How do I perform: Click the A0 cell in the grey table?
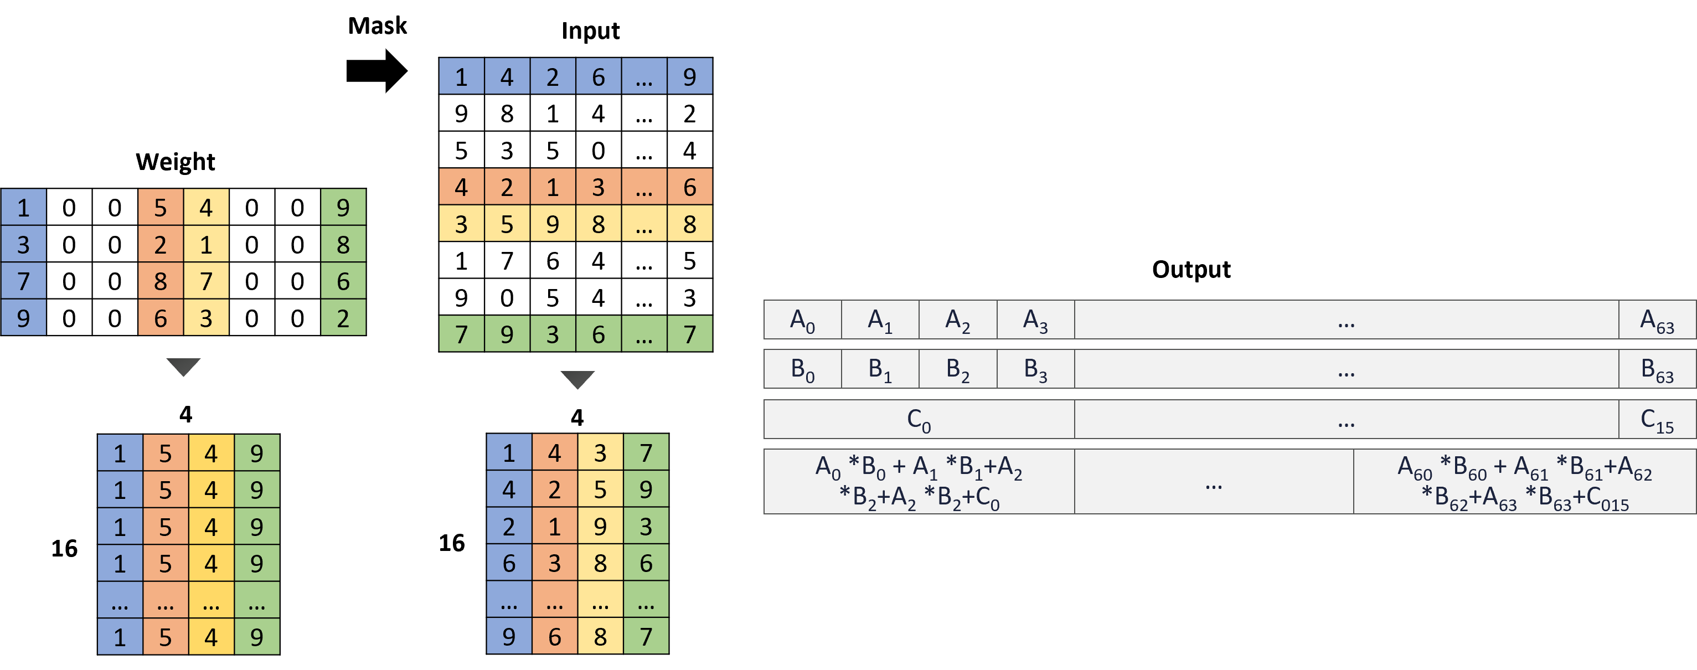(802, 320)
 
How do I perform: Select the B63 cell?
(1657, 369)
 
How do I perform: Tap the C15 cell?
(1657, 420)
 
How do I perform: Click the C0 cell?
(919, 420)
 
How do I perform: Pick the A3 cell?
(1035, 320)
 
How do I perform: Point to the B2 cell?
(958, 369)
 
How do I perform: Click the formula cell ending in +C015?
(1524, 482)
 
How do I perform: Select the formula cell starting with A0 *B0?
(919, 482)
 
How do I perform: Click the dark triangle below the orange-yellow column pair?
(183, 365)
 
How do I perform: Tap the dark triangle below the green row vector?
(577, 379)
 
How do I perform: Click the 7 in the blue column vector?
(24, 281)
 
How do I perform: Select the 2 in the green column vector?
(343, 318)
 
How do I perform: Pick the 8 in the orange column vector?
(161, 281)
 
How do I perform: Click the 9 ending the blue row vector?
(690, 76)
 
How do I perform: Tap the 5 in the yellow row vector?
(507, 224)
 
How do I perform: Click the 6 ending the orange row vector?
(690, 187)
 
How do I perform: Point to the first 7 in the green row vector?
(461, 334)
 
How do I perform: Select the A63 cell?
(1657, 320)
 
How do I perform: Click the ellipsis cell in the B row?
(1346, 369)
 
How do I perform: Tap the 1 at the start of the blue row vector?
(461, 76)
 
